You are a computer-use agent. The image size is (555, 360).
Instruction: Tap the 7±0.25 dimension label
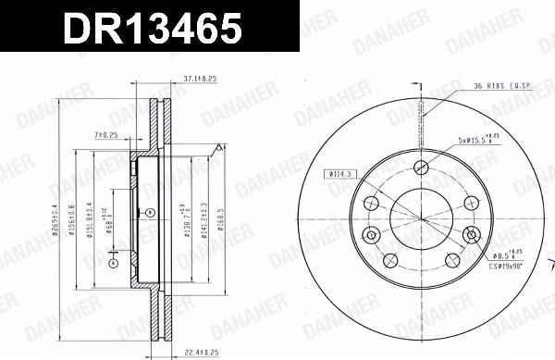coord(108,137)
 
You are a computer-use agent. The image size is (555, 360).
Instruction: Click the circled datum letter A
coord(113,262)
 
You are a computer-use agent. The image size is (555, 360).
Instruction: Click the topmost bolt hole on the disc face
coord(422,168)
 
